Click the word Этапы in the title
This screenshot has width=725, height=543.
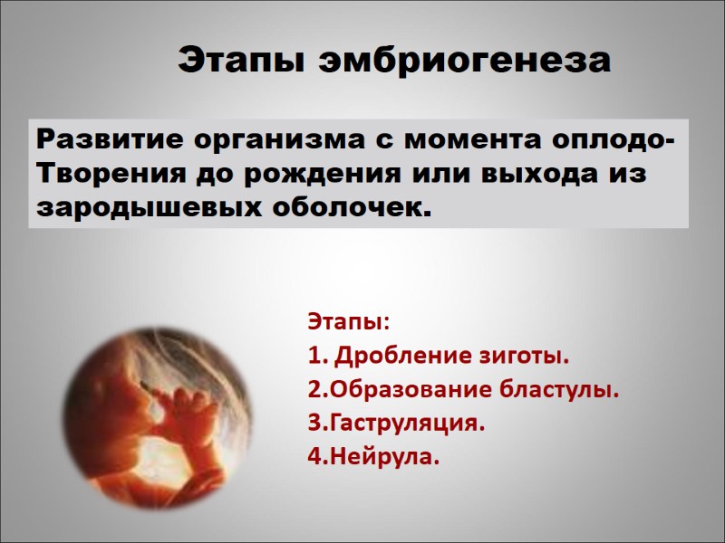(x=241, y=62)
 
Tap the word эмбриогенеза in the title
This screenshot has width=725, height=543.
(x=463, y=62)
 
